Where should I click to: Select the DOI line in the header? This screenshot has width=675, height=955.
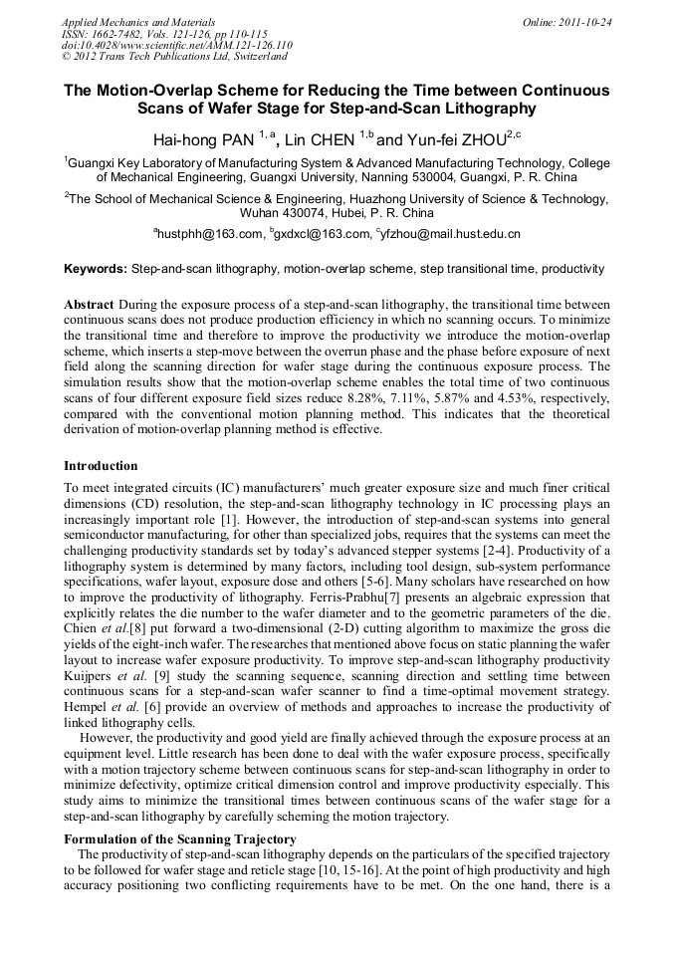pos(177,45)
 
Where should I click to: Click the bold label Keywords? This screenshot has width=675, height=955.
pos(96,269)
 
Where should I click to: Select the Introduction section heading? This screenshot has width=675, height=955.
pos(101,465)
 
